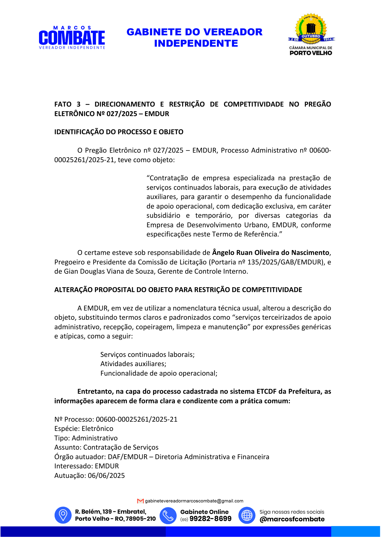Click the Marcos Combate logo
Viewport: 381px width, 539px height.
(72, 38)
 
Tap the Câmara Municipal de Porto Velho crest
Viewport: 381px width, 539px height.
(311, 34)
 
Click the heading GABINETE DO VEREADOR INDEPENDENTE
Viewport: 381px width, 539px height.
(194, 37)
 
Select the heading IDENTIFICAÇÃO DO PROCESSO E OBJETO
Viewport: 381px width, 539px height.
(119, 132)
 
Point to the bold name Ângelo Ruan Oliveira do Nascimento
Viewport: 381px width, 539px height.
(271, 253)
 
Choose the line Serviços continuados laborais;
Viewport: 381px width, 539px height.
(147, 355)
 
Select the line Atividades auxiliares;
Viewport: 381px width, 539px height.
(133, 364)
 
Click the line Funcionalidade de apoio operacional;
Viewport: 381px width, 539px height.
(159, 373)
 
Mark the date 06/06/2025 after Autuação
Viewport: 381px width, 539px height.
(106, 476)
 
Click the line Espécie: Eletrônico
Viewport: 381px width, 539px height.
(84, 429)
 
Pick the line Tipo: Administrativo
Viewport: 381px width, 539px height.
(86, 438)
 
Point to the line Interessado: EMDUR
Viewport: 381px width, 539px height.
(87, 466)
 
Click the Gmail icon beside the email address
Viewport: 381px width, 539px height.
(140, 501)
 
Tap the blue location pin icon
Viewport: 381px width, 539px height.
(63, 515)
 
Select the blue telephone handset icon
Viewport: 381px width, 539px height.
(168, 515)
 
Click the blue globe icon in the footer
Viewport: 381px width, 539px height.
(247, 515)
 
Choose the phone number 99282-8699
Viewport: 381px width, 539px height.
(210, 519)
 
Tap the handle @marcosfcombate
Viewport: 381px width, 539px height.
(292, 519)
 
